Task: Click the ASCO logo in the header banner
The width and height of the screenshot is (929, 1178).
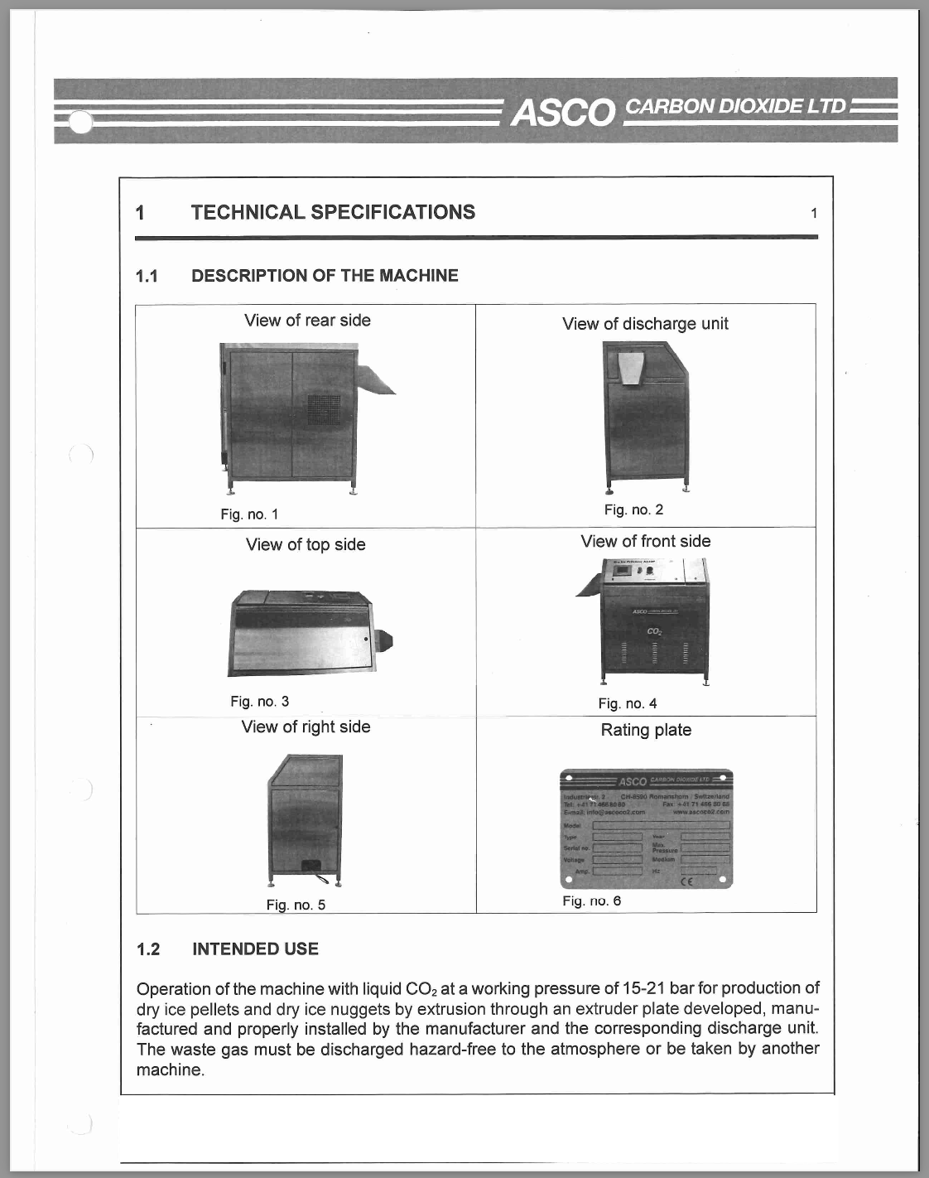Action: (x=562, y=112)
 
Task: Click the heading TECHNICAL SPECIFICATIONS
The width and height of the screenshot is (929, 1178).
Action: (x=333, y=212)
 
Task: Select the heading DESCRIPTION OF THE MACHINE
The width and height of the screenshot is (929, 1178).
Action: (x=325, y=276)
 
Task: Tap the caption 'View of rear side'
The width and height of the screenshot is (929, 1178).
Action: (x=307, y=321)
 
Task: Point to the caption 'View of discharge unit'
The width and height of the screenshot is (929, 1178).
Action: (x=645, y=324)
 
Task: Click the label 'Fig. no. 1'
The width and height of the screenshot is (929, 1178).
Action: (x=249, y=514)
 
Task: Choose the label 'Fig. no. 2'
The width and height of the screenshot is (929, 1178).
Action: (x=633, y=510)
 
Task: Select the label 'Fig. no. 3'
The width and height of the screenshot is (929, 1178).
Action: (x=259, y=702)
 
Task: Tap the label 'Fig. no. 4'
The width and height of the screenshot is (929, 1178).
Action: (x=628, y=704)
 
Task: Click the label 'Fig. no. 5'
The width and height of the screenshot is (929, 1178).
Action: (x=296, y=905)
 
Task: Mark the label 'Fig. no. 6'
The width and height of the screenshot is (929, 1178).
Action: (x=591, y=901)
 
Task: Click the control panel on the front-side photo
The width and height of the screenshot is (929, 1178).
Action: (x=634, y=572)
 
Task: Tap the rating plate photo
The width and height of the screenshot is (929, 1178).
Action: (x=646, y=829)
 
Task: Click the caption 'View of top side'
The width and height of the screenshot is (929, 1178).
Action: (x=306, y=545)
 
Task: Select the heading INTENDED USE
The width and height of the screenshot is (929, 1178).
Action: (x=255, y=949)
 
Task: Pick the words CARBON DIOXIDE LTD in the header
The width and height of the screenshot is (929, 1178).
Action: (x=736, y=107)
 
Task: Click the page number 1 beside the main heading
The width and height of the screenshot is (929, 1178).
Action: (x=814, y=214)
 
